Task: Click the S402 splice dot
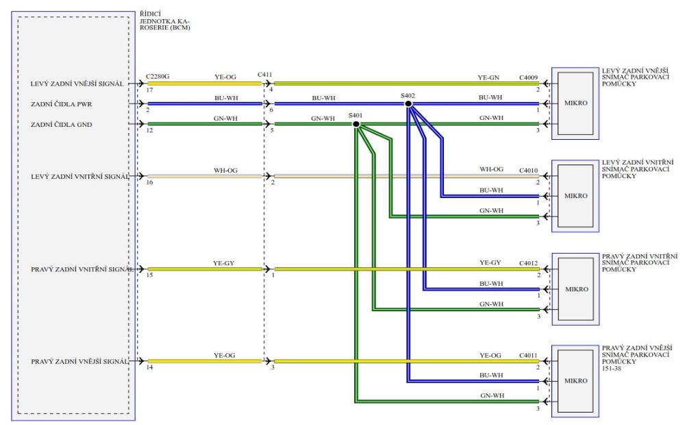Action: click(x=408, y=104)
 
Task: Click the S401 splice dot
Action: click(x=356, y=124)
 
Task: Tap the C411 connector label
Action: click(x=266, y=74)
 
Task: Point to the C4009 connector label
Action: click(x=530, y=78)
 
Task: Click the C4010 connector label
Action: click(x=530, y=169)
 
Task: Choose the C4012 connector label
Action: click(x=530, y=263)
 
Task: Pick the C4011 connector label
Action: click(x=530, y=355)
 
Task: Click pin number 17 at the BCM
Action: click(x=149, y=90)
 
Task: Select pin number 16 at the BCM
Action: click(x=149, y=184)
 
